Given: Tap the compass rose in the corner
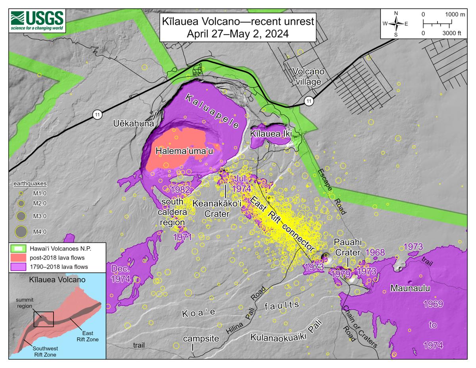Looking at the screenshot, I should pyautogui.click(x=396, y=23).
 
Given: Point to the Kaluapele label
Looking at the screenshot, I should pyautogui.click(x=213, y=111).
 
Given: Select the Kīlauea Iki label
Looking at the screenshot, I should pyautogui.click(x=271, y=134).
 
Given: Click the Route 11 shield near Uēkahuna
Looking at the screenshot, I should pyautogui.click(x=97, y=115).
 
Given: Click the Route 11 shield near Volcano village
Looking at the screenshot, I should pyautogui.click(x=308, y=102).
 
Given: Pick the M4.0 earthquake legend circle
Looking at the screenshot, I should pyautogui.click(x=21, y=231).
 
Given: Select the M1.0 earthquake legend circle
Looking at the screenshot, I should pyautogui.click(x=21, y=193).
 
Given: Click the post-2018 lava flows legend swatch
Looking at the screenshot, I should pyautogui.click(x=18, y=258).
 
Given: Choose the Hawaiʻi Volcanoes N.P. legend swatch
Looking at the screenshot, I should pyautogui.click(x=18, y=249).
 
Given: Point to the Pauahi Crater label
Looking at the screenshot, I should pyautogui.click(x=347, y=247).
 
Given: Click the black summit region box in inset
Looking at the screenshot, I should pyautogui.click(x=43, y=319).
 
